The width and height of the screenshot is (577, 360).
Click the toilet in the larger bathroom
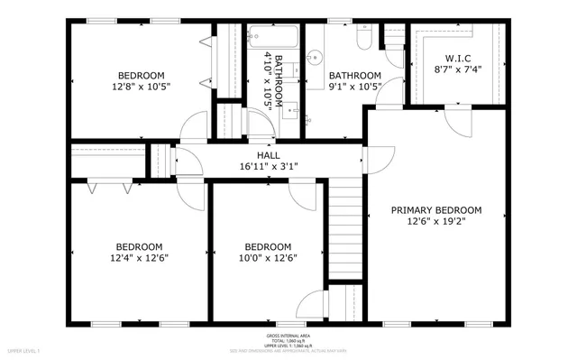[x=362, y=37]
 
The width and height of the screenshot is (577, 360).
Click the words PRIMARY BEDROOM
[x=435, y=210]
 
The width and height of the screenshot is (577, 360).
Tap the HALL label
[x=268, y=155]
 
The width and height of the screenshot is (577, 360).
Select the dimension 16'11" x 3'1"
[x=268, y=167]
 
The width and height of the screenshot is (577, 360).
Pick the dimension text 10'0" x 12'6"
[x=268, y=258]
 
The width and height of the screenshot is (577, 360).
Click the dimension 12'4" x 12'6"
[x=139, y=258]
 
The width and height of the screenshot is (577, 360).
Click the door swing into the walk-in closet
[x=398, y=90]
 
